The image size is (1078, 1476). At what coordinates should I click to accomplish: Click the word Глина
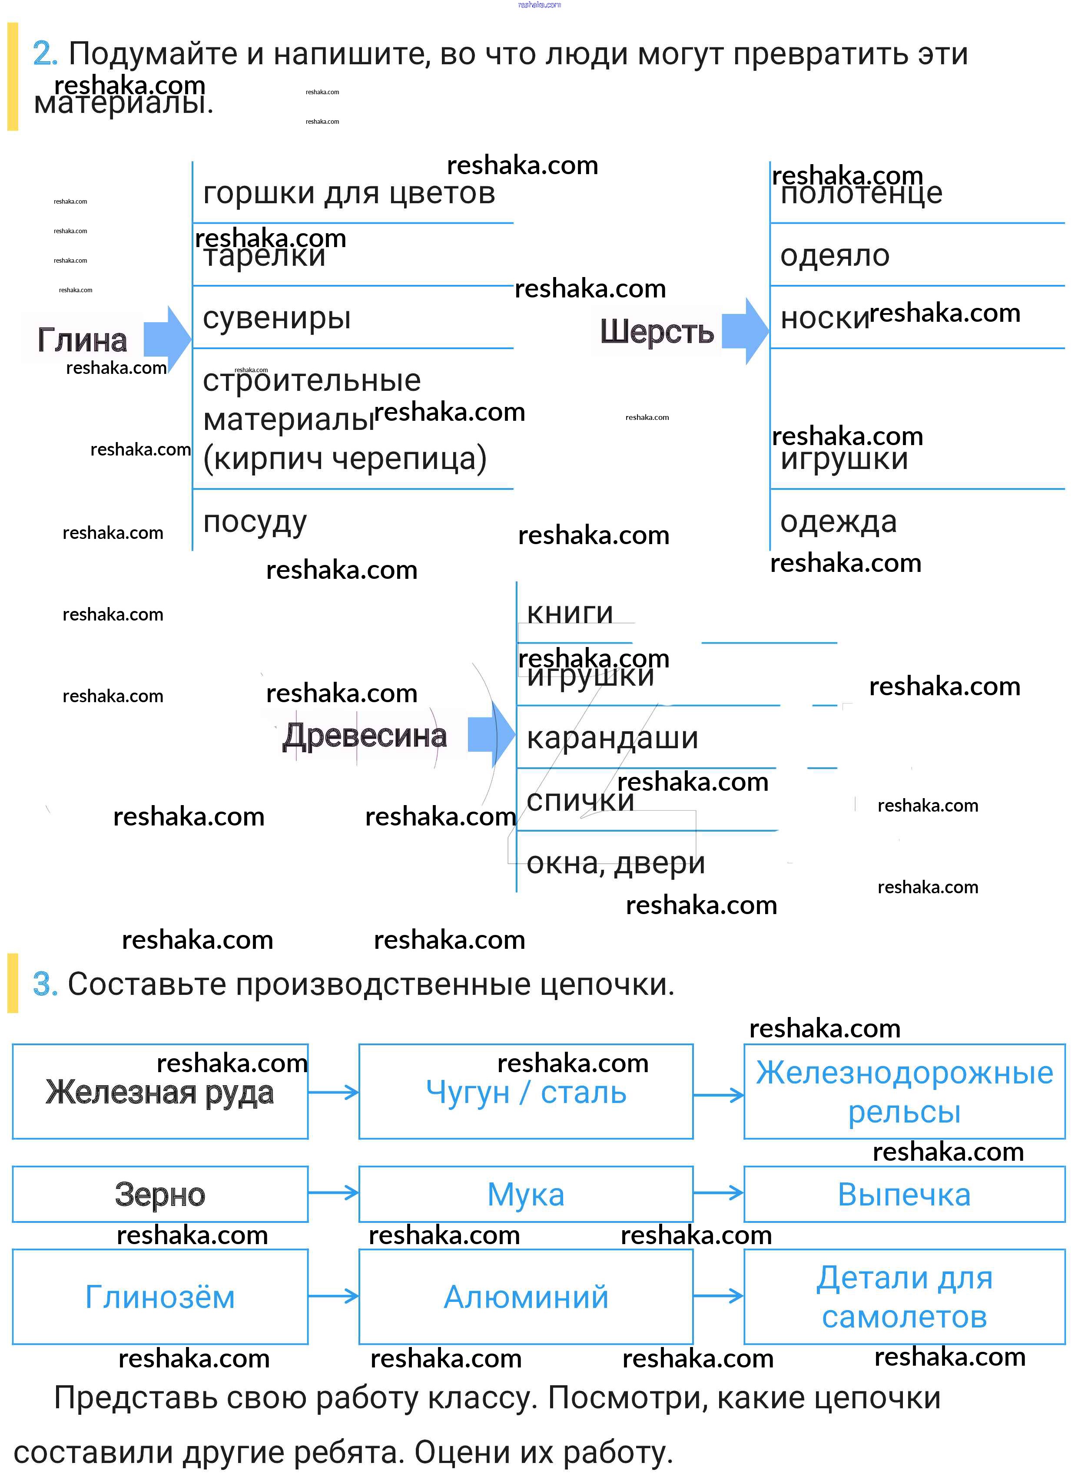[82, 340]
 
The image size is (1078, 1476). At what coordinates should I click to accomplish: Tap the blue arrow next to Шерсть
[745, 331]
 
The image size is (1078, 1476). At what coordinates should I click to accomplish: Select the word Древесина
[364, 736]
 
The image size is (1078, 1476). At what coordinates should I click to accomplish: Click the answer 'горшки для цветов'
[349, 193]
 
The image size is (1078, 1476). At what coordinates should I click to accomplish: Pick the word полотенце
[861, 193]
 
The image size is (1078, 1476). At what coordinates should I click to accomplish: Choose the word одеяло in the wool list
[835, 255]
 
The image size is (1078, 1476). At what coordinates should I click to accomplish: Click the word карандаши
[612, 738]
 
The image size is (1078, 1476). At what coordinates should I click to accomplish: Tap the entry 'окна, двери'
[615, 863]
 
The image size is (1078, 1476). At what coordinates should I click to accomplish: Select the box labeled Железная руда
[160, 1092]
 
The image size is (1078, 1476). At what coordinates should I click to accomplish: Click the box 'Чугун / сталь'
[525, 1092]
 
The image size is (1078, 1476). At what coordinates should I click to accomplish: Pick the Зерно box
[160, 1194]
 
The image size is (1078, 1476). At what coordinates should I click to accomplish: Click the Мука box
[525, 1194]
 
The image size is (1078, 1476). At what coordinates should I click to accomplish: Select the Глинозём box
[160, 1297]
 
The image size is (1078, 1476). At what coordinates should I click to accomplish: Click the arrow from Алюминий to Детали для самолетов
[718, 1296]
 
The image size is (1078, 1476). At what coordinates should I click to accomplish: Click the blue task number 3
[45, 984]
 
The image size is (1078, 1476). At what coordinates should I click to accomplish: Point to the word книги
[570, 613]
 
